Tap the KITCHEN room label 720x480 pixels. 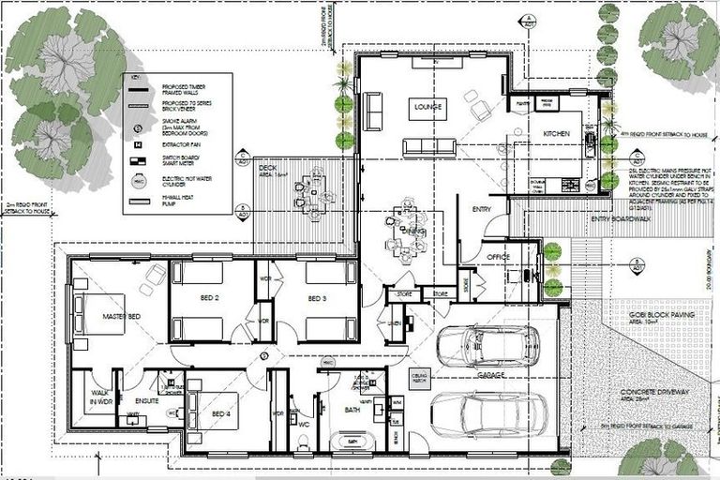tap(557, 135)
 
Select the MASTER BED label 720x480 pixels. tap(121, 317)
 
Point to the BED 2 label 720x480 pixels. tap(209, 298)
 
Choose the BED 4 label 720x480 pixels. tap(220, 413)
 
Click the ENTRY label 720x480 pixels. tap(482, 208)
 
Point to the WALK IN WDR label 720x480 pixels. tap(100, 397)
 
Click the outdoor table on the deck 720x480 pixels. tap(310, 182)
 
